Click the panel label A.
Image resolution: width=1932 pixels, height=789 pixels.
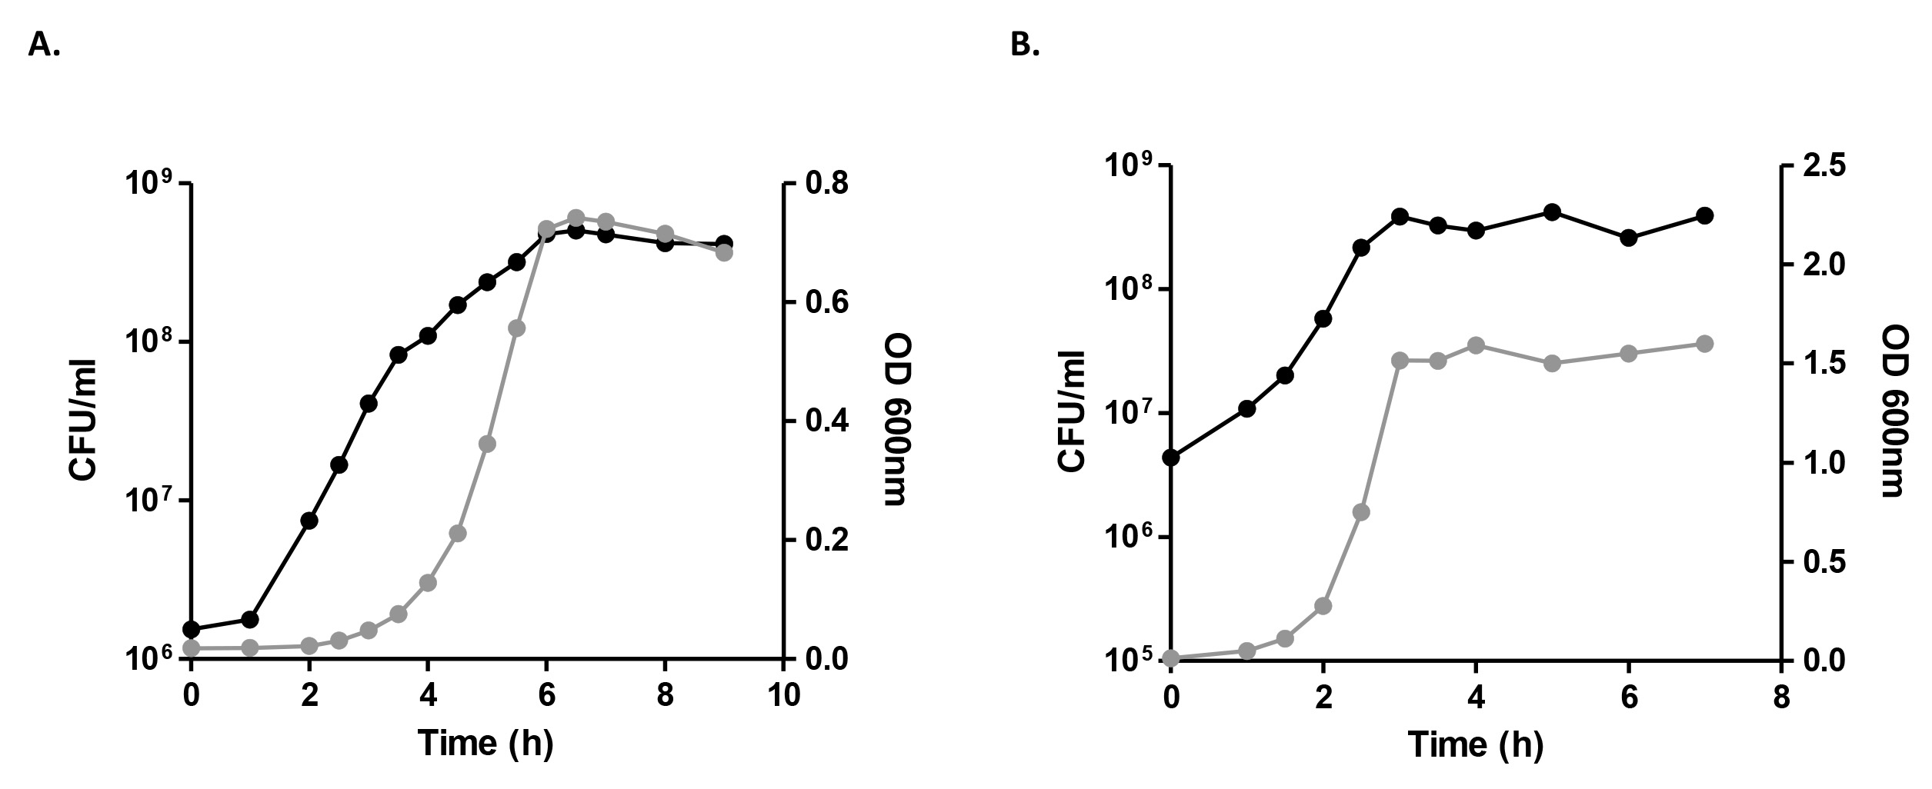pos(44,45)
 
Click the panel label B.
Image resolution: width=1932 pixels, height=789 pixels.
pos(1025,45)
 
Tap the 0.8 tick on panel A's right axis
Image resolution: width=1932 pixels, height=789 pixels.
pos(825,185)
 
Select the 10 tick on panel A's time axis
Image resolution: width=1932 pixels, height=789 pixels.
pos(783,695)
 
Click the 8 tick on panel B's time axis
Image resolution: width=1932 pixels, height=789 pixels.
pos(1782,697)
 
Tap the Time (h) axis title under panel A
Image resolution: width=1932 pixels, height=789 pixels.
pos(486,744)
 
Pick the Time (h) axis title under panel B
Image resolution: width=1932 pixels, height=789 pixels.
pos(1476,744)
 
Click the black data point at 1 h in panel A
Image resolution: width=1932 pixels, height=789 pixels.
pos(250,619)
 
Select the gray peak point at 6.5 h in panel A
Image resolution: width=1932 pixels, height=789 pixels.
pos(576,218)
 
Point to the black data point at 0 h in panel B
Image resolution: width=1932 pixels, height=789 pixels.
pos(1171,458)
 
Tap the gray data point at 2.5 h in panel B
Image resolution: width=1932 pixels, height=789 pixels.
pos(1361,512)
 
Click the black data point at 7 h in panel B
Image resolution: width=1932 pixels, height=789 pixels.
pos(1704,216)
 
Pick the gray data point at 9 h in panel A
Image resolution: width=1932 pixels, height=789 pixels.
pos(723,252)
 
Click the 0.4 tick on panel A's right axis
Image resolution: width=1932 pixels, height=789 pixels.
pos(825,422)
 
